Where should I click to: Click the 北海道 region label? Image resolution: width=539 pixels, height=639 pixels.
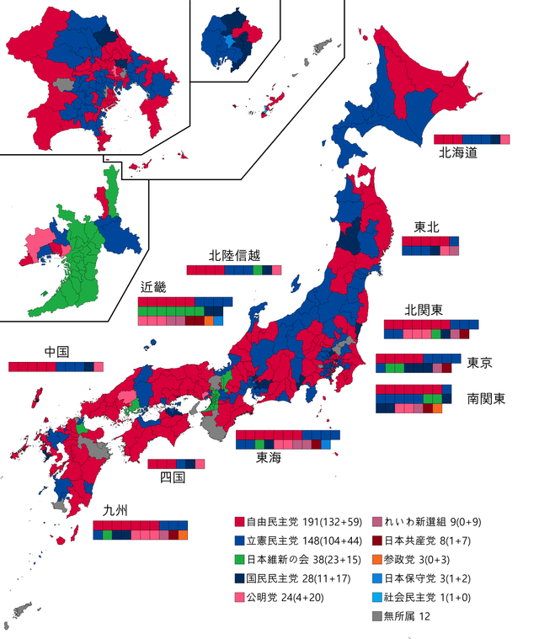(x=459, y=154)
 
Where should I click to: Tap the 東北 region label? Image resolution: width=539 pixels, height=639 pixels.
(x=426, y=227)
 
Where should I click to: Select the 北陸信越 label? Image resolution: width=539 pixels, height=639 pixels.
(x=234, y=256)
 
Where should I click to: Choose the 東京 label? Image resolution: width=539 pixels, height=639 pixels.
(x=479, y=364)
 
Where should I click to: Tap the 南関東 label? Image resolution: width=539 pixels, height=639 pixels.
(x=486, y=398)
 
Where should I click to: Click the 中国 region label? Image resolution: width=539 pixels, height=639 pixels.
(x=57, y=352)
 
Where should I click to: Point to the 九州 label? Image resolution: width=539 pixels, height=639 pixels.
(x=115, y=510)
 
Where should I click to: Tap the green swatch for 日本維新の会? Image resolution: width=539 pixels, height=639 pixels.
(x=240, y=561)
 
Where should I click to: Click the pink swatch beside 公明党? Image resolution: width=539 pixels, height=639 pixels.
(x=240, y=599)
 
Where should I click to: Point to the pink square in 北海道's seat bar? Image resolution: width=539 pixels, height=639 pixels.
(x=505, y=139)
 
